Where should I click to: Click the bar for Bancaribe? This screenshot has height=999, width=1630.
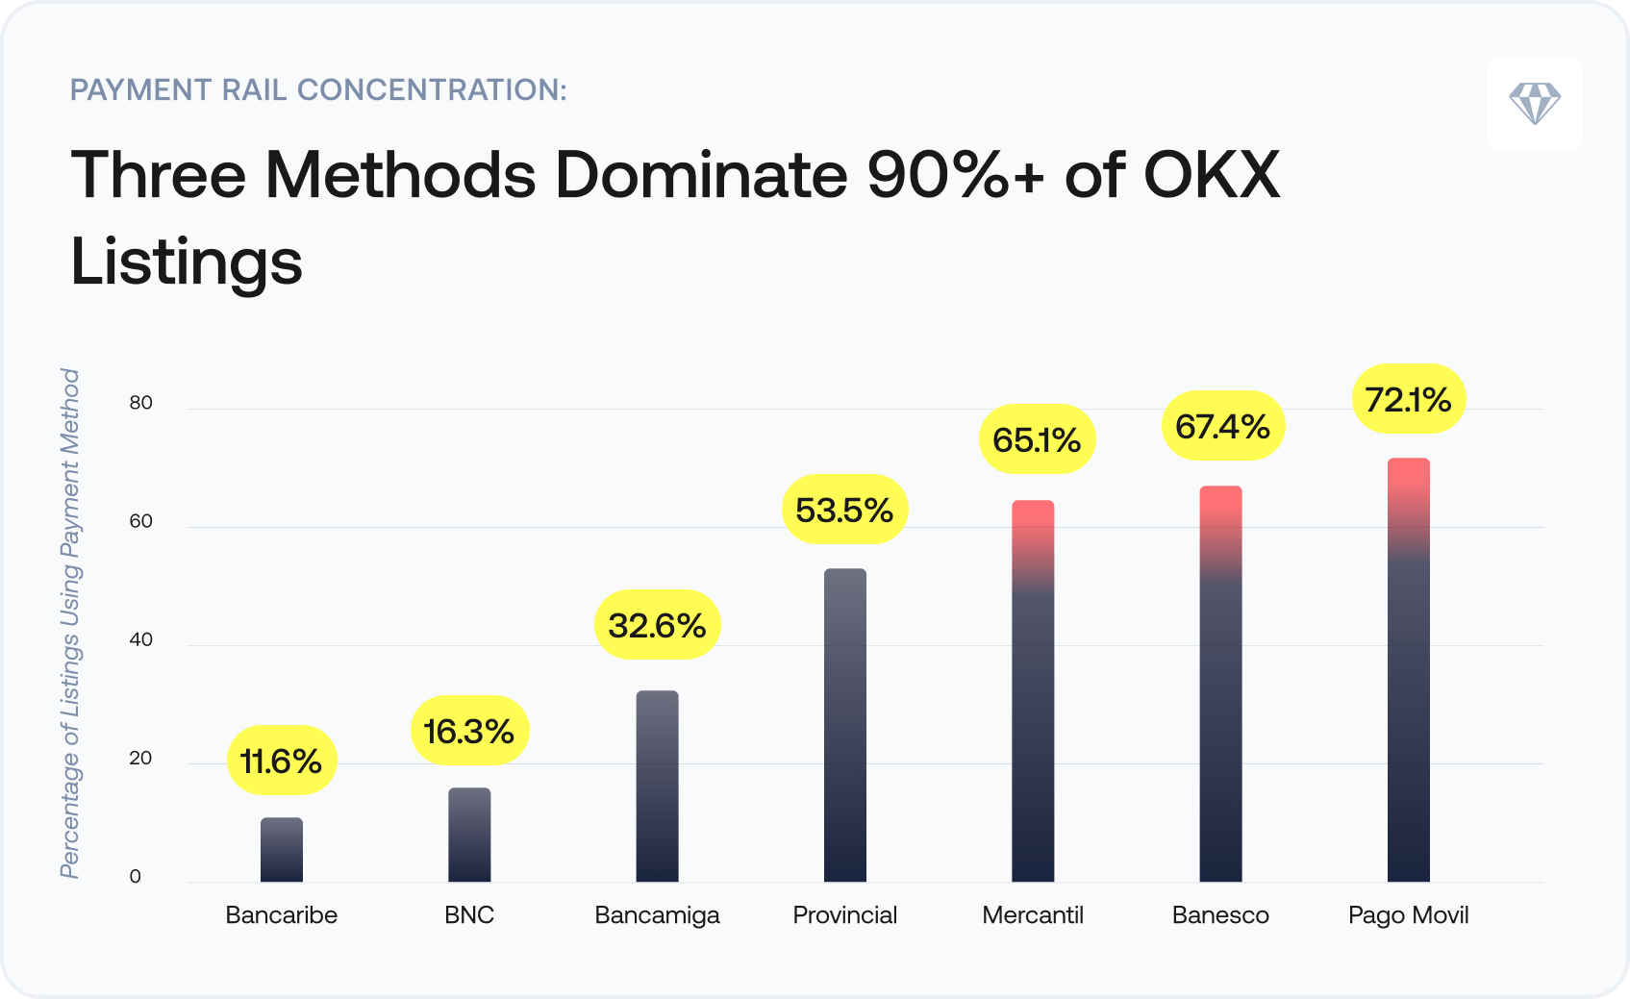[282, 850]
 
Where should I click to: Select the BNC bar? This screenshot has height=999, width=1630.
[469, 835]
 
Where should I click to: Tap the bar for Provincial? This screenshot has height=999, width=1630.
[845, 725]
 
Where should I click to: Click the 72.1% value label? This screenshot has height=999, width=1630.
[1408, 399]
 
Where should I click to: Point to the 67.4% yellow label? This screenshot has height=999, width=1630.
[1222, 426]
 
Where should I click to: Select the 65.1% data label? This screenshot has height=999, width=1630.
[1037, 439]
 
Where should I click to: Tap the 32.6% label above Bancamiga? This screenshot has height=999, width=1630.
[657, 625]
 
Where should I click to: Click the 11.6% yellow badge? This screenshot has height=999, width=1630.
[281, 761]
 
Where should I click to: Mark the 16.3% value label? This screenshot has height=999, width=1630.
[469, 731]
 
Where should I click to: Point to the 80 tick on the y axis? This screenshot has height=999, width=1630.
[140, 403]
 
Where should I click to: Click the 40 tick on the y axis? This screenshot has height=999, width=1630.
[140, 639]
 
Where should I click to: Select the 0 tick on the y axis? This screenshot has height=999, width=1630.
[135, 876]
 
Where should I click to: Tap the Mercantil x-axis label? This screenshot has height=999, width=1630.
[1032, 914]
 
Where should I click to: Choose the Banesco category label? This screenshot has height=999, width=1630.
[1219, 914]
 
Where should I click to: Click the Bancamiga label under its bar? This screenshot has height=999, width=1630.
[657, 914]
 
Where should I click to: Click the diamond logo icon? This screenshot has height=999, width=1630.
[1534, 103]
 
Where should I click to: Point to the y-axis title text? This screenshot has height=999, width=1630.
[70, 623]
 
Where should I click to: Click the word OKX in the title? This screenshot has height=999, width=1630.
[1211, 175]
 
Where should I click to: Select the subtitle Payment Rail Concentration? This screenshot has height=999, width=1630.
[318, 89]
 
